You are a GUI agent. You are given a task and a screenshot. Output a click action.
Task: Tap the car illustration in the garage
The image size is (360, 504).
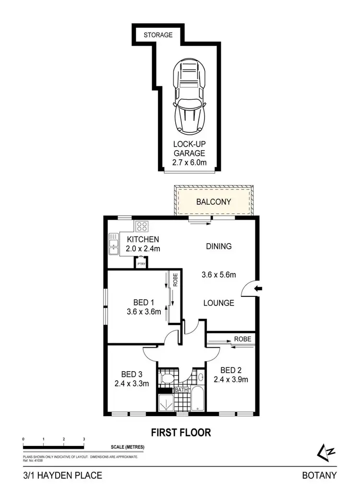[x=190, y=96]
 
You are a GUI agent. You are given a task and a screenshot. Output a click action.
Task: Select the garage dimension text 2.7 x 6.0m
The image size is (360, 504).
[x=190, y=163]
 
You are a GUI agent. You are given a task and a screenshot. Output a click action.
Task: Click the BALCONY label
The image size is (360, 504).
[x=214, y=202]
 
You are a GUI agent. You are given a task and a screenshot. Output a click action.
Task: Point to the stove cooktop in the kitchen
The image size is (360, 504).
[x=142, y=226]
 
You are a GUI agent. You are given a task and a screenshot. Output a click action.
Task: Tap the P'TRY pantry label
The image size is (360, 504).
[x=141, y=264]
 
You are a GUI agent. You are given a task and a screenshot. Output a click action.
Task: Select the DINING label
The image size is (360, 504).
[x=219, y=246]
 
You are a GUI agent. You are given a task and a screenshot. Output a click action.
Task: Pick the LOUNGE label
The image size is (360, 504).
[x=218, y=303]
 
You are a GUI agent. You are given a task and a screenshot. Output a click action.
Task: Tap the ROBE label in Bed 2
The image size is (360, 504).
[x=242, y=339]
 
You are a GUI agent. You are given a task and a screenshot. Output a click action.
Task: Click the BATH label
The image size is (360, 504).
[x=181, y=390]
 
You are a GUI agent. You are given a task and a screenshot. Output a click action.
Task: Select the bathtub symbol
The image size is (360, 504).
[x=196, y=401]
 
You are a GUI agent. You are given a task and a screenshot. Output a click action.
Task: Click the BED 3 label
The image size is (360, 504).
[x=131, y=374]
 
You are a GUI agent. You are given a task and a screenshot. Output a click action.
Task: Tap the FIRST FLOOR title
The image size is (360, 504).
[x=181, y=433]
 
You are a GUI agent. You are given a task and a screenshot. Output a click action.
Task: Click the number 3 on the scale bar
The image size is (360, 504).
[x=84, y=439]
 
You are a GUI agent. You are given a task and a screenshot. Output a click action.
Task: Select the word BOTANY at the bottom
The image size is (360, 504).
[x=319, y=476]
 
